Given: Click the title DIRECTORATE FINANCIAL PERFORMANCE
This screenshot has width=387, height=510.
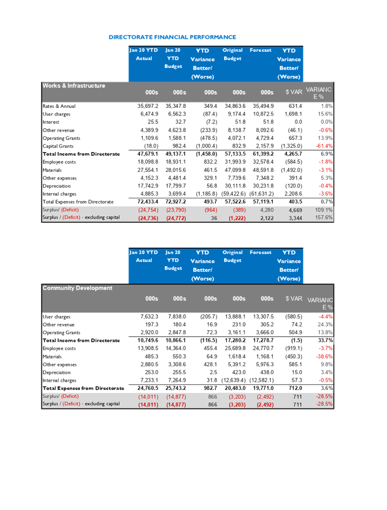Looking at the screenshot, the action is click(x=172, y=37).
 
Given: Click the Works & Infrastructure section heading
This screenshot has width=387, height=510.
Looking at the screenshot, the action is click(x=74, y=85).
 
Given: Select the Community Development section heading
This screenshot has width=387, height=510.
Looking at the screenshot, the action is click(x=77, y=288).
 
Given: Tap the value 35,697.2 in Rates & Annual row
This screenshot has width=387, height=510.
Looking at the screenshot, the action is click(x=148, y=106).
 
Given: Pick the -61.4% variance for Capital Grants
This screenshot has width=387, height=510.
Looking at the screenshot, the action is click(x=324, y=146).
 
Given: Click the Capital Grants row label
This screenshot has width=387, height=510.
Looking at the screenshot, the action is click(x=58, y=146).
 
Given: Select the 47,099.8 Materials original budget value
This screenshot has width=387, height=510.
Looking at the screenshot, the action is click(x=235, y=170).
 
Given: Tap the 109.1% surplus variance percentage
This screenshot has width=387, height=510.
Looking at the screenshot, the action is click(x=324, y=210).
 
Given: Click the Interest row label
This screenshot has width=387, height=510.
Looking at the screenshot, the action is click(x=51, y=122).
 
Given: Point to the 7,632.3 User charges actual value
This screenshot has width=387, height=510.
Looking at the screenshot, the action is click(x=149, y=317).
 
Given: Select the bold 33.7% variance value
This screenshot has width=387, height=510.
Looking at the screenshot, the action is click(x=325, y=340).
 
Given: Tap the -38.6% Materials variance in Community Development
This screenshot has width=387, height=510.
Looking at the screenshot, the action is click(x=324, y=357).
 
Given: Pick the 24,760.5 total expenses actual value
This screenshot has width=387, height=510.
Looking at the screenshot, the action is click(x=148, y=388).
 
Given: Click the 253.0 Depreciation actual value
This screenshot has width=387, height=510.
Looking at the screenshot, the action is click(x=152, y=372).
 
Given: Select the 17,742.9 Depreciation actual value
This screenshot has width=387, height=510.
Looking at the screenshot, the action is click(x=148, y=186).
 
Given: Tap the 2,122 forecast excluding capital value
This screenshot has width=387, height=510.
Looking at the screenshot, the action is click(x=267, y=218).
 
